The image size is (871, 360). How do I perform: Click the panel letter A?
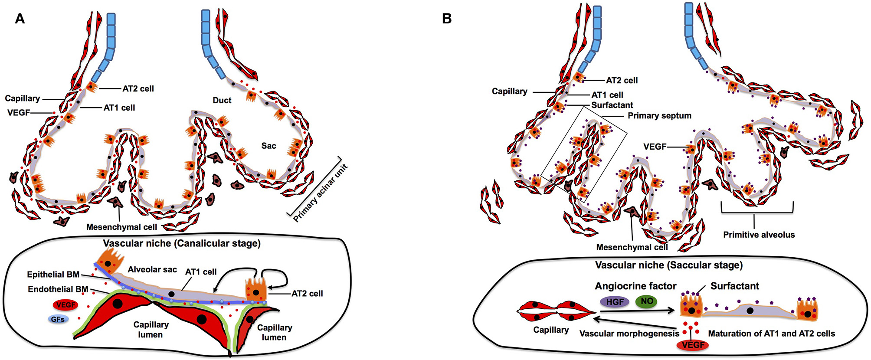point(20,19)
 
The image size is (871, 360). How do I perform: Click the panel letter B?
point(446,19)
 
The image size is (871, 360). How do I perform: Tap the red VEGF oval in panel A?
point(65,305)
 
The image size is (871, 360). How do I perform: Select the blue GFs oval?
point(58,319)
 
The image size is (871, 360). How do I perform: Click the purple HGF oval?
point(615,301)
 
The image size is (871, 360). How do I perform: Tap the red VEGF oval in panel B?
point(693,345)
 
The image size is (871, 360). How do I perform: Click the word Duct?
point(222,100)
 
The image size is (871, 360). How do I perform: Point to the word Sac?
point(269,146)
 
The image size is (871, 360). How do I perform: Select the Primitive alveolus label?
point(759,235)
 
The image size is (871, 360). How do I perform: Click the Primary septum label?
point(659,116)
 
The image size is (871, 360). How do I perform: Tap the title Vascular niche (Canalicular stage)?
point(182,243)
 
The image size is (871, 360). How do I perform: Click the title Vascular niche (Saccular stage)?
point(668,265)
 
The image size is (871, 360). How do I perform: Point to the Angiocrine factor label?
point(635,286)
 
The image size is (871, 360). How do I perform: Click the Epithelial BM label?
point(53,275)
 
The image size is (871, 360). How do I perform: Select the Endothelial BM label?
point(58,289)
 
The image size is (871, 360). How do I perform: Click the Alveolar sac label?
point(152,269)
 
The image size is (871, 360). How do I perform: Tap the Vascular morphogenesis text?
point(629,334)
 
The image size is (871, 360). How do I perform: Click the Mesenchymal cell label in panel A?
point(121,227)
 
